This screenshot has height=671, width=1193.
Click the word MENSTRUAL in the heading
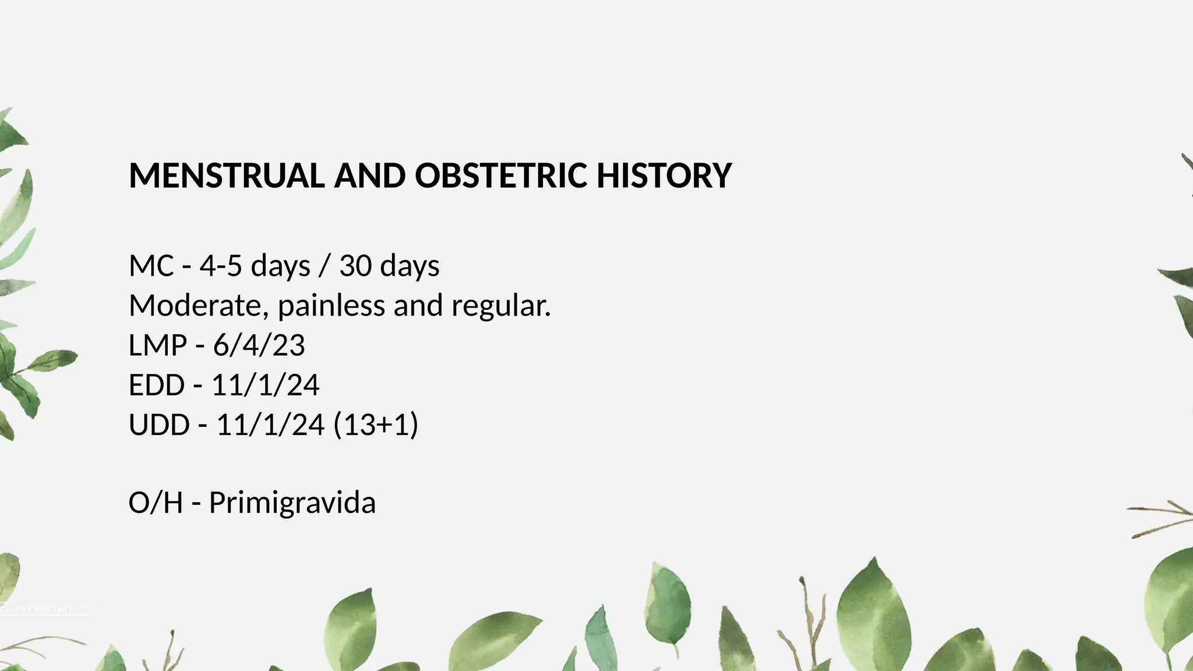tap(226, 175)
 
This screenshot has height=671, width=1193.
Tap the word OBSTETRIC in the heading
tap(501, 175)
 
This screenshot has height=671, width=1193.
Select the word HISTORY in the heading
tap(664, 175)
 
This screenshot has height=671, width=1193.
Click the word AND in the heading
tap(370, 175)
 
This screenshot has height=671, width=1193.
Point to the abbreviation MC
tap(151, 266)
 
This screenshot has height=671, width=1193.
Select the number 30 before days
tap(355, 266)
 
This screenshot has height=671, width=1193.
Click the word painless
tap(331, 306)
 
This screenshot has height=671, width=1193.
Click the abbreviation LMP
tap(157, 345)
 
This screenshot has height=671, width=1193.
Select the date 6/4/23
tap(259, 345)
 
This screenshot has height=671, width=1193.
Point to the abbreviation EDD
tap(157, 385)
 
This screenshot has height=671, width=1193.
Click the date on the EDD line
tap(265, 385)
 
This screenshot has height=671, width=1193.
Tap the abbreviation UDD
tap(159, 425)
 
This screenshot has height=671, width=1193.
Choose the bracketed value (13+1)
tap(376, 425)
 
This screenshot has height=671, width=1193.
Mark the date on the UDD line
tap(270, 425)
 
